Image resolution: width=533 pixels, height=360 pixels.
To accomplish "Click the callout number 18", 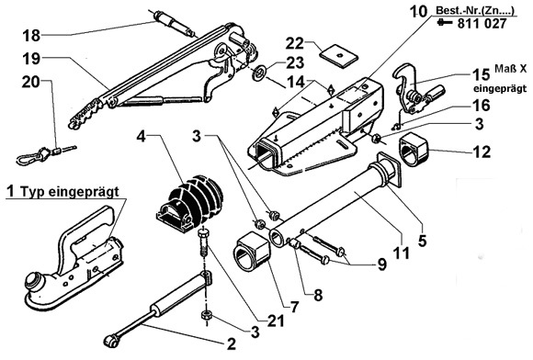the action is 31,35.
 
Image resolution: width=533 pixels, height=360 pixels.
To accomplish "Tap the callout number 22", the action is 295,43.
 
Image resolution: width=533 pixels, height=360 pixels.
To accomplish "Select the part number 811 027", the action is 482,24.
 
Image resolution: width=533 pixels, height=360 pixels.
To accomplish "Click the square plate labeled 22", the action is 339,55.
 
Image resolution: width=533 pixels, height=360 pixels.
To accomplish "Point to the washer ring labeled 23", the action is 260,73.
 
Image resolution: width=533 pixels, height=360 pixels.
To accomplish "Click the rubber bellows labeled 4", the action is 190,203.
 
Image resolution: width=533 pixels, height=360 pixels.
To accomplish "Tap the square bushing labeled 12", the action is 413,150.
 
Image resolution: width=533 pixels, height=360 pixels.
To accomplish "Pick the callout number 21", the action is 276,321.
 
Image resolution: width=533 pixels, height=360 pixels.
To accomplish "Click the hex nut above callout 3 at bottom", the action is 207,315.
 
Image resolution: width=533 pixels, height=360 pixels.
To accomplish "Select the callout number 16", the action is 481,106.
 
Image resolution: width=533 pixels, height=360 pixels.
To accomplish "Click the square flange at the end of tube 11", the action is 390,170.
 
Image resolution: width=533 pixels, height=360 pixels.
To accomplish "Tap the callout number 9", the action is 381,264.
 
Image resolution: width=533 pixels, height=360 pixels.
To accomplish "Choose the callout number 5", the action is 422,241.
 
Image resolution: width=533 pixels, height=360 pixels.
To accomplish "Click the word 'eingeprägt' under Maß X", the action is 500,89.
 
